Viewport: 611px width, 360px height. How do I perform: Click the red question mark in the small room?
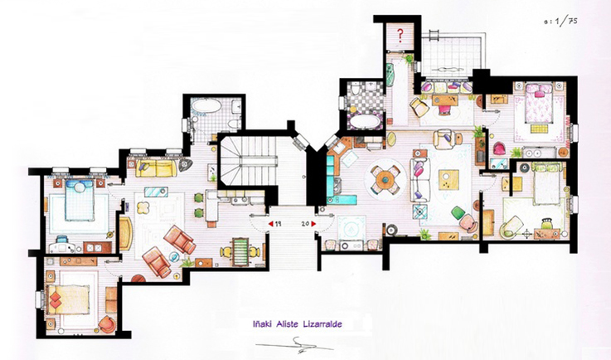[400, 36]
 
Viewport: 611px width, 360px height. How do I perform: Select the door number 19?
[279, 224]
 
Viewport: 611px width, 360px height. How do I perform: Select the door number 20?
[305, 224]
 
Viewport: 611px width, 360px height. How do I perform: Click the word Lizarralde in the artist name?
[322, 324]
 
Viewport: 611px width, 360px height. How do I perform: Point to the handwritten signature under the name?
[294, 344]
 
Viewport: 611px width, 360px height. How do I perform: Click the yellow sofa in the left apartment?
[156, 168]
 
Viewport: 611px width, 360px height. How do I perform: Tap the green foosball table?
[240, 252]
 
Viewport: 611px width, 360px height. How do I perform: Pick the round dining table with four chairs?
[386, 179]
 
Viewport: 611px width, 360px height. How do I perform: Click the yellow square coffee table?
[449, 180]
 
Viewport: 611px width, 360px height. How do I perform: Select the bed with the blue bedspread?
[80, 200]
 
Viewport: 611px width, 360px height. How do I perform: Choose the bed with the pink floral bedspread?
[539, 103]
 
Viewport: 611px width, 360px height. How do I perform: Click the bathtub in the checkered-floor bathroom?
[365, 122]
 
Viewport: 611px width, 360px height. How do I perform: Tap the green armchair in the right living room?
[458, 213]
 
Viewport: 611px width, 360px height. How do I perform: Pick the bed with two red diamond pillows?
[68, 299]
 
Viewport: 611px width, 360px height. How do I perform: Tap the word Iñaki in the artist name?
[262, 324]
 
